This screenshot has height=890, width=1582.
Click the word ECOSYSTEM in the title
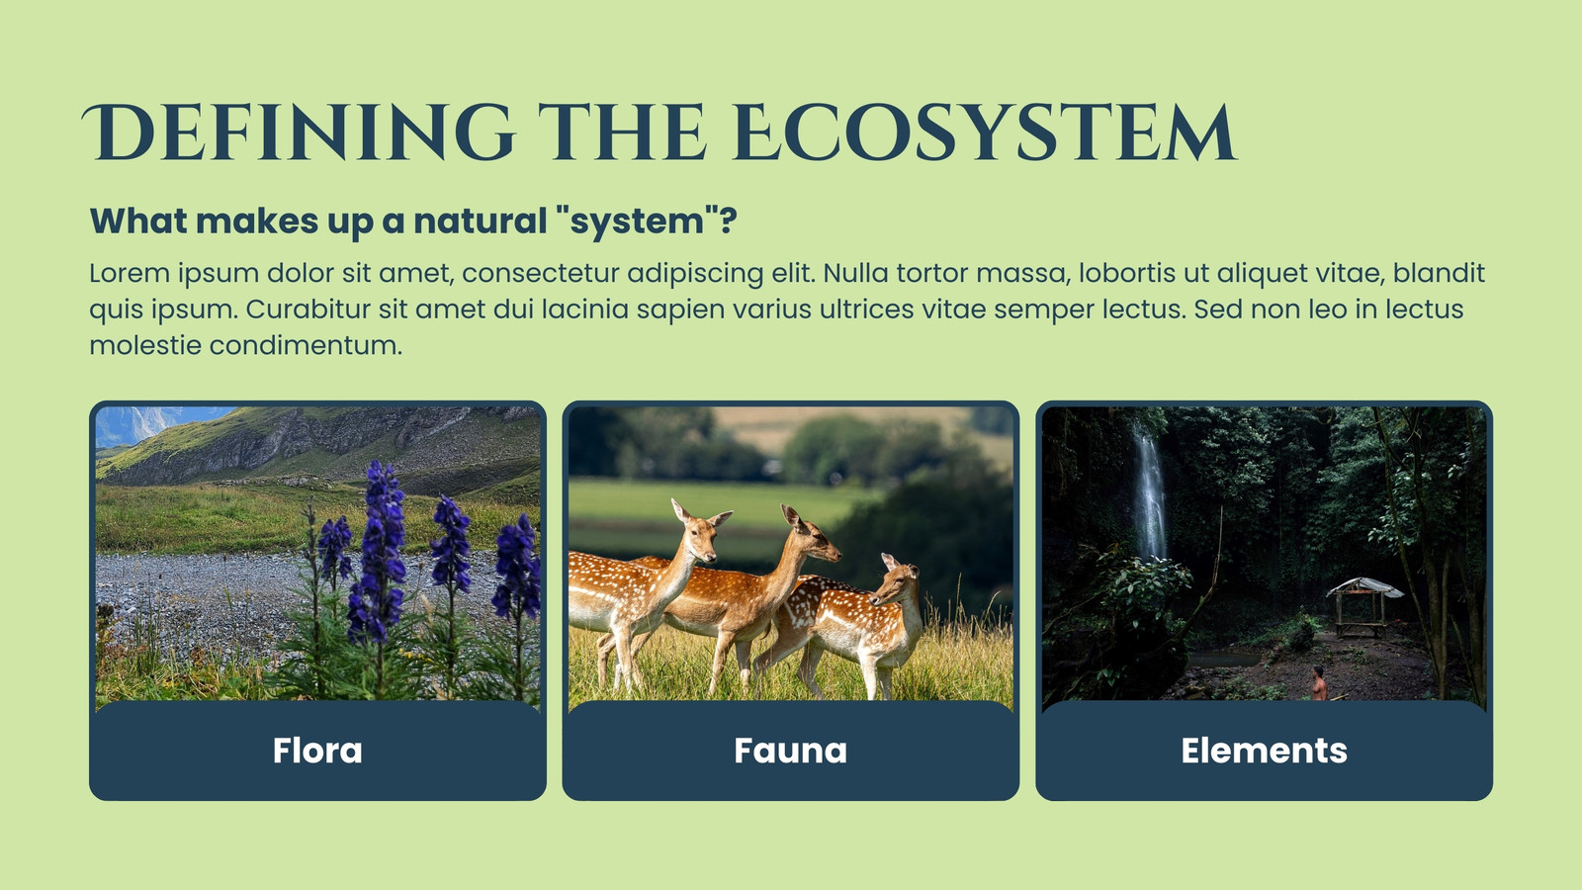point(985,133)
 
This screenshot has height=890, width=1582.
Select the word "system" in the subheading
point(637,222)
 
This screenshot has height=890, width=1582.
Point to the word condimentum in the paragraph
point(306,345)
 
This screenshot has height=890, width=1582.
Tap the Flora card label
point(317,751)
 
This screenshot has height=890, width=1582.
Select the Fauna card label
point(790,751)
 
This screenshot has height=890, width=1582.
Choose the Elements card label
point(1265,751)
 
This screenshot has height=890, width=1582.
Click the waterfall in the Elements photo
point(1149,494)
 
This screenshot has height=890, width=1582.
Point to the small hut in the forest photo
point(1363,606)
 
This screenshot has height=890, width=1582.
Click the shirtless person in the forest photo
point(1319,683)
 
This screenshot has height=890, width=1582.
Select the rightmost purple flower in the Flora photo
point(517,567)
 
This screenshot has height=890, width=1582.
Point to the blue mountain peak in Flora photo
point(134,424)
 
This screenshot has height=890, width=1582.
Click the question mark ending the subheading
point(729,221)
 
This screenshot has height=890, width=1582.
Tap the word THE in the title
point(623,133)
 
